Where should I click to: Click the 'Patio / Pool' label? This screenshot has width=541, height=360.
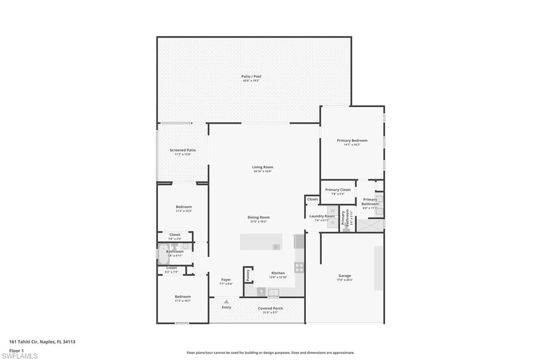[x=251, y=77]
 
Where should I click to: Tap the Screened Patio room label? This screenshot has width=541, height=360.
[x=183, y=150]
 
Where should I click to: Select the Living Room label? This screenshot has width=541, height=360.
[x=263, y=167]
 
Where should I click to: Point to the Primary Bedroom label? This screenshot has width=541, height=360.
[x=352, y=140]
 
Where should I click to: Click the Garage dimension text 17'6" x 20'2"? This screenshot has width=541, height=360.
[x=344, y=280]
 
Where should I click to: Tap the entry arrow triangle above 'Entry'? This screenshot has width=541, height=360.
[x=226, y=301]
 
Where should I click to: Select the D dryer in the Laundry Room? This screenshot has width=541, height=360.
[x=332, y=223]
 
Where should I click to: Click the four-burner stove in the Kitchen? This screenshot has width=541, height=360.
[x=299, y=267]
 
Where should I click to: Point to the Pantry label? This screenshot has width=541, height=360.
[x=247, y=275]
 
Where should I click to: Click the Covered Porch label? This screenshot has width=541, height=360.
[x=270, y=308]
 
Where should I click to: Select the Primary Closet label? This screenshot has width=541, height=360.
[x=338, y=190]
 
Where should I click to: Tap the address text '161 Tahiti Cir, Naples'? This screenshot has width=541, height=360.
[x=42, y=342]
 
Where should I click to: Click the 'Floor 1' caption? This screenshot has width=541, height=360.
[x=16, y=350]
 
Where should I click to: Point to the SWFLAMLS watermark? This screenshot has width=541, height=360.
[x=20, y=356]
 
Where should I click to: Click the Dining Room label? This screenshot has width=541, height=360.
[x=258, y=217]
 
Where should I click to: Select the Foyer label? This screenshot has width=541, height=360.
[x=226, y=280]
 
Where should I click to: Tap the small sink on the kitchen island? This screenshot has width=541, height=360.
[x=276, y=247]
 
